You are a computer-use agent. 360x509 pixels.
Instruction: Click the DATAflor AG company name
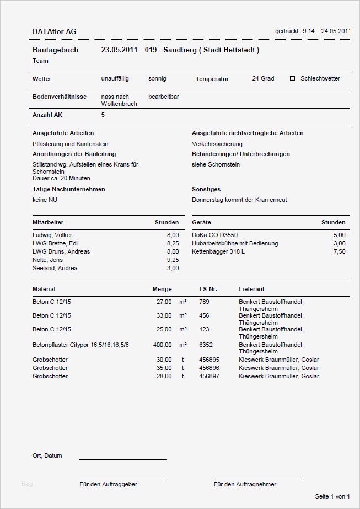pyautogui.click(x=55, y=32)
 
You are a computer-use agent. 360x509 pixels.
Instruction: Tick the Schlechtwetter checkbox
pyautogui.click(x=293, y=79)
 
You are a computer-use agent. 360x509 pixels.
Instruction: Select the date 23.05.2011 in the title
pyautogui.click(x=119, y=50)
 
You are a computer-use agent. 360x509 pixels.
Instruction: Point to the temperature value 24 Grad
pyautogui.click(x=263, y=79)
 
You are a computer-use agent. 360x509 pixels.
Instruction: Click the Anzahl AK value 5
pyautogui.click(x=103, y=115)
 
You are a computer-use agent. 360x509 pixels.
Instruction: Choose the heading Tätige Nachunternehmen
pyautogui.click(x=68, y=189)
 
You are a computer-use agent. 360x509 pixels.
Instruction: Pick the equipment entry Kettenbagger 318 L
pyautogui.click(x=218, y=251)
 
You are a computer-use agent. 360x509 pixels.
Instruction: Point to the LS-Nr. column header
pyautogui.click(x=208, y=289)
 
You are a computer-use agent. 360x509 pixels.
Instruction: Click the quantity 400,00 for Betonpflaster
pyautogui.click(x=162, y=345)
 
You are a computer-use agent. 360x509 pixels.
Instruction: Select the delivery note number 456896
pyautogui.click(x=209, y=368)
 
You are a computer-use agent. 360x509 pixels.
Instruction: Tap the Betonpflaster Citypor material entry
pyautogui.click(x=80, y=345)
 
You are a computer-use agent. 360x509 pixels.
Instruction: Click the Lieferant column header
pyautogui.click(x=251, y=289)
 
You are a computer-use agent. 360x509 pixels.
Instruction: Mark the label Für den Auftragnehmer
pyautogui.click(x=245, y=484)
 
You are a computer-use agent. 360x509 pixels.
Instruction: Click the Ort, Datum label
pyautogui.click(x=47, y=456)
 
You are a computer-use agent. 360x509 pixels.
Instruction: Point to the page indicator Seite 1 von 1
pyautogui.click(x=332, y=496)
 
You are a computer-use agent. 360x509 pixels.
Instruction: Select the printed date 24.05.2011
pyautogui.click(x=336, y=31)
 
